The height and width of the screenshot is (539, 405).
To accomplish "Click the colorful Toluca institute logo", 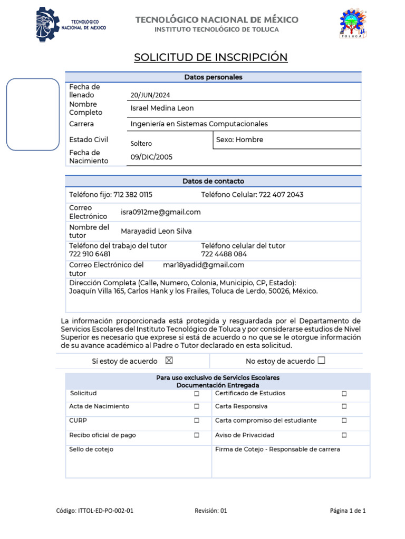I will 353,24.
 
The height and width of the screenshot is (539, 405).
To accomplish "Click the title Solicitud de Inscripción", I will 211,57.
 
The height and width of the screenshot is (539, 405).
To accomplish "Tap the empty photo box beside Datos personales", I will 33,115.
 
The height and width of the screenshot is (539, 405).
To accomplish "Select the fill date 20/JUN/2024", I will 150,95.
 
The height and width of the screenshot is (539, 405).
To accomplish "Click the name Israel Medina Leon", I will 162,108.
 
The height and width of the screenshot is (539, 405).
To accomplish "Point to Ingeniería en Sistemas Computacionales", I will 199,124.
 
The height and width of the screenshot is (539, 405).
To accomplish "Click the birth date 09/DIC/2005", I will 151,157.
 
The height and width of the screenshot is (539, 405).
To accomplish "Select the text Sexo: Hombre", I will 239,140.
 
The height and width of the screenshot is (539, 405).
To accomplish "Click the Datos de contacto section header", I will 213,181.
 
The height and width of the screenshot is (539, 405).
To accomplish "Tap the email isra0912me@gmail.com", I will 160,212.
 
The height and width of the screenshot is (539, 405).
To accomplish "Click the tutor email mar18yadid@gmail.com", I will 204,265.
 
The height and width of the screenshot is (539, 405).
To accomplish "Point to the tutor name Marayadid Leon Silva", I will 156,231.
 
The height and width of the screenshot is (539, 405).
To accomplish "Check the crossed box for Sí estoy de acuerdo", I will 169,361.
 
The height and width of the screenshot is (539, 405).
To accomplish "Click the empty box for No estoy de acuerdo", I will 322,361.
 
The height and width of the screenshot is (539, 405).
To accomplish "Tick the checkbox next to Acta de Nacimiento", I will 196,406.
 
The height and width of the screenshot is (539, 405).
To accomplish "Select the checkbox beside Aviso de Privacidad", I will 344,435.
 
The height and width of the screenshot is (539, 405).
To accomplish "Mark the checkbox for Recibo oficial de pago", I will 196,435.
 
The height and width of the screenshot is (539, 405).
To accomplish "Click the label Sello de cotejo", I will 91,450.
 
